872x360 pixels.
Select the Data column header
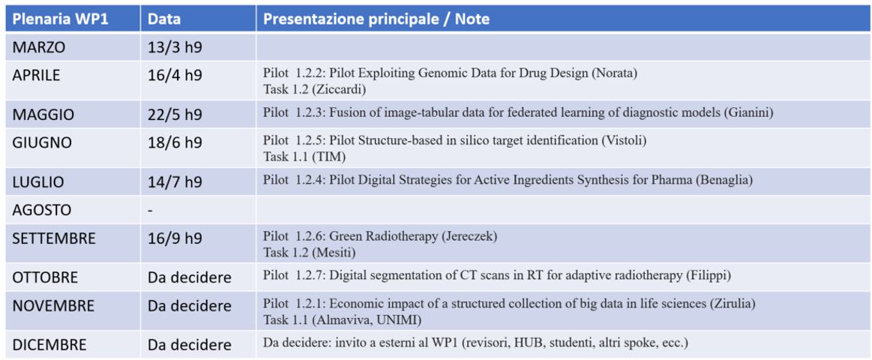click(x=165, y=19)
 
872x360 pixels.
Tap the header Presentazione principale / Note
click(x=376, y=19)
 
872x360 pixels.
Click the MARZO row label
click(x=39, y=47)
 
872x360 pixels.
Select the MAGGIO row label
click(x=44, y=115)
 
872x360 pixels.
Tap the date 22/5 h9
click(x=175, y=115)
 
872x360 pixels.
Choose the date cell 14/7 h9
click(x=175, y=182)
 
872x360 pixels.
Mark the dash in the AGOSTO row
click(x=151, y=211)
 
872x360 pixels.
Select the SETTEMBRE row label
click(x=54, y=238)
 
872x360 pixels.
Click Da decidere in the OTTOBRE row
click(x=189, y=277)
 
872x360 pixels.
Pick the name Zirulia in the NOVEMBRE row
click(x=736, y=304)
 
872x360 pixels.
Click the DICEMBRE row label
click(x=49, y=344)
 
